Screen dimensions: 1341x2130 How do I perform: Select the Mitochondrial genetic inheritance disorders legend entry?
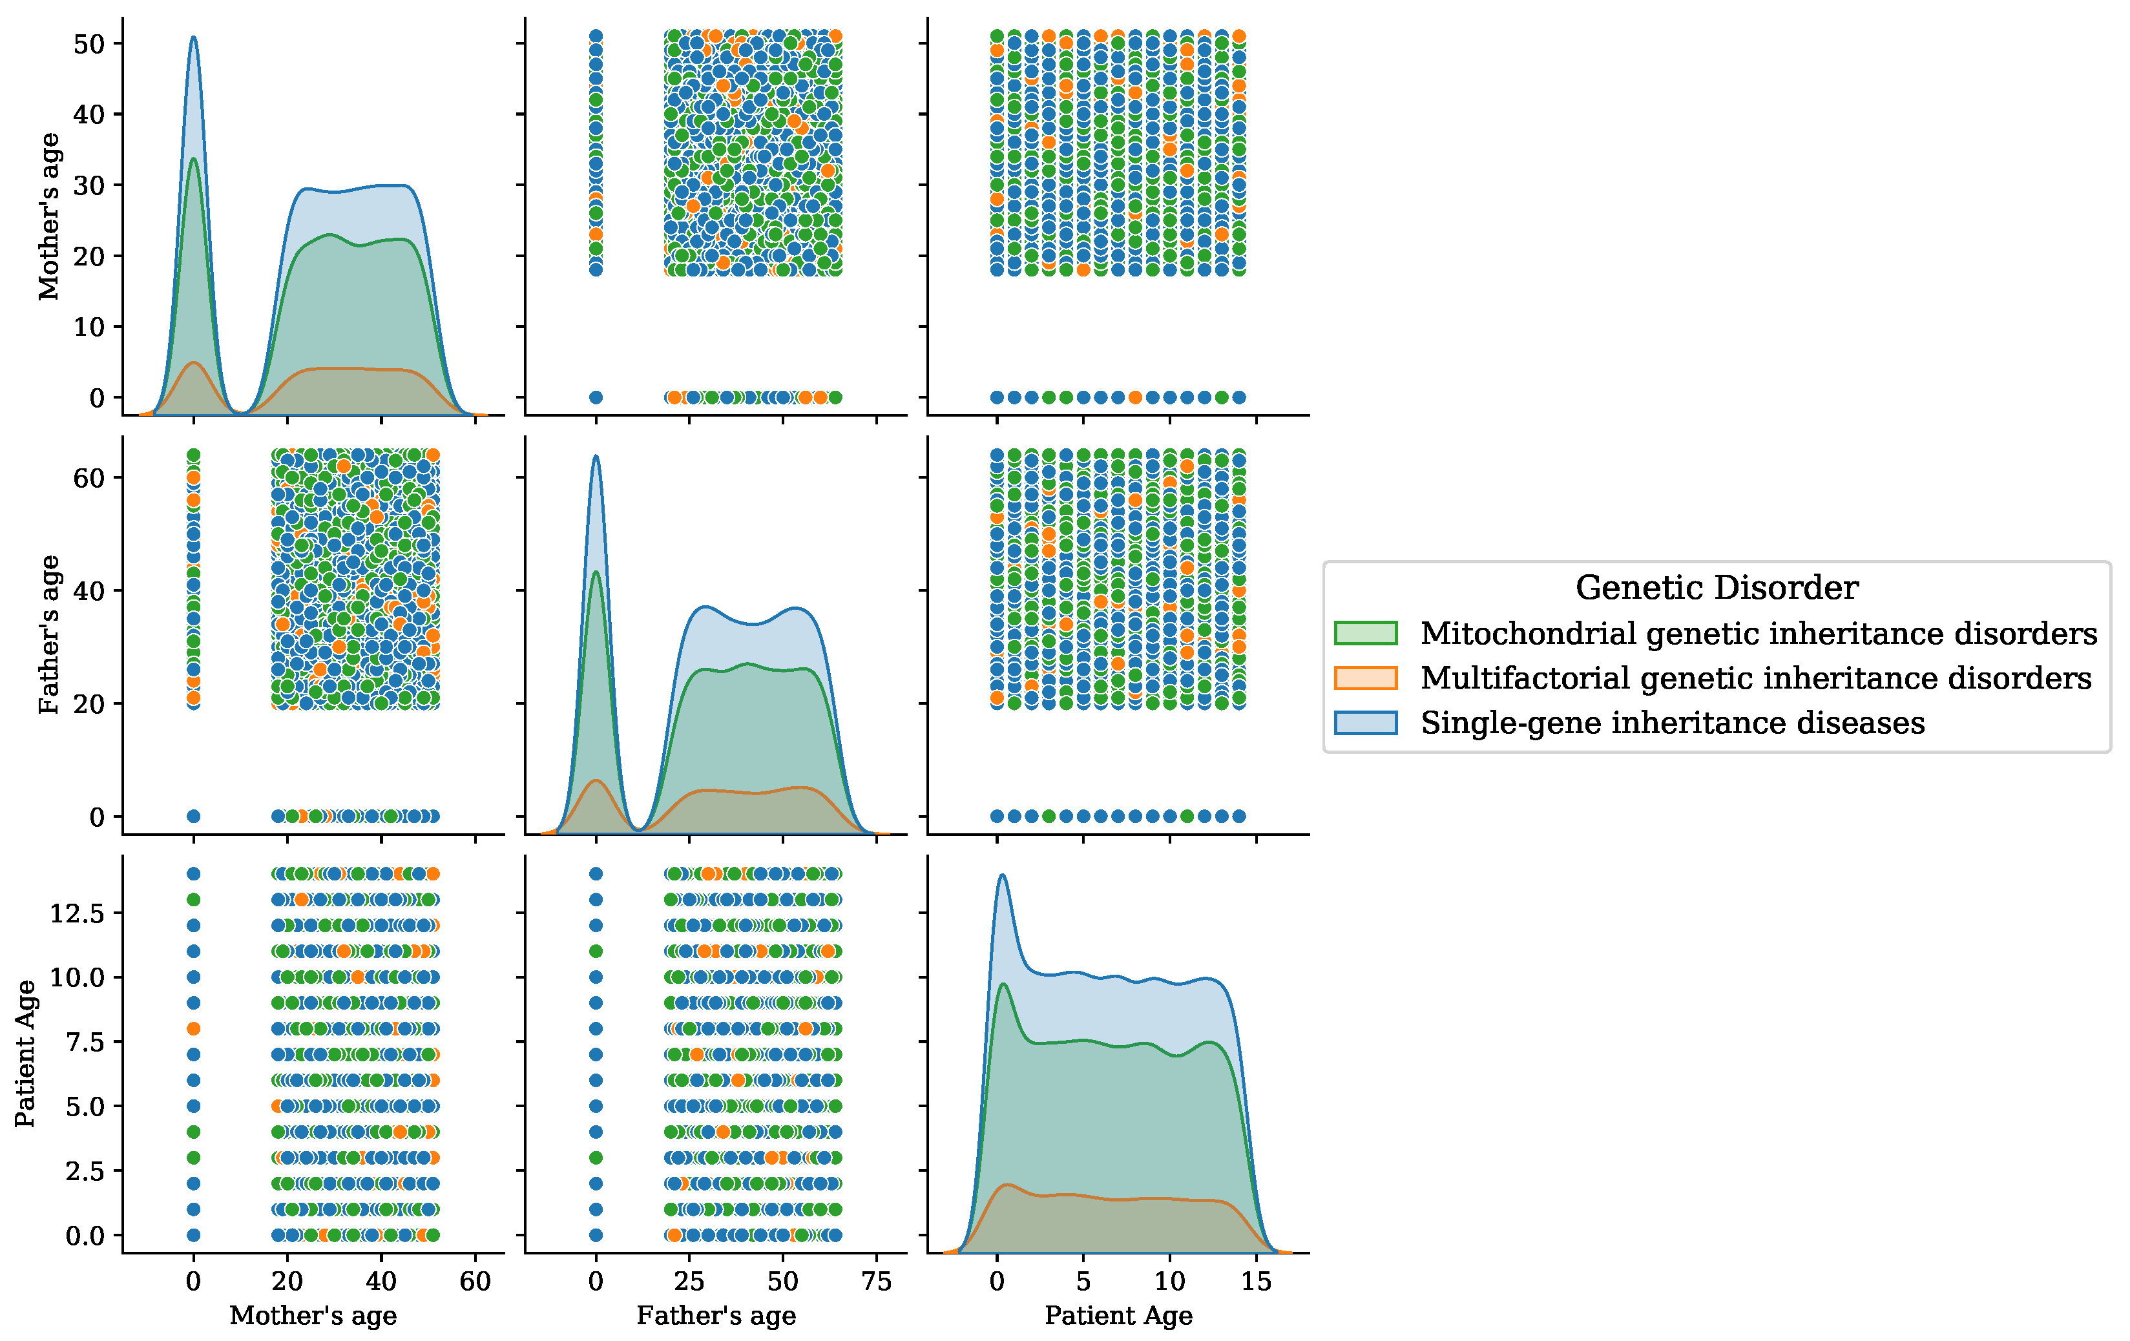[x=1759, y=633]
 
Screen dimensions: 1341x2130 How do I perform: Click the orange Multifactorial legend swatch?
[x=1365, y=678]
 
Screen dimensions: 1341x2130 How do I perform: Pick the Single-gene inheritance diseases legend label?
[x=1672, y=723]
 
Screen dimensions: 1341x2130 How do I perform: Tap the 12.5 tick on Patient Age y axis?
[x=76, y=913]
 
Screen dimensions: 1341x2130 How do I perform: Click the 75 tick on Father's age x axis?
[x=875, y=1281]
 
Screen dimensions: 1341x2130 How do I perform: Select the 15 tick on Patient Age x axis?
[x=1255, y=1281]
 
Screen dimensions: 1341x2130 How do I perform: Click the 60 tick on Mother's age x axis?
[x=475, y=1281]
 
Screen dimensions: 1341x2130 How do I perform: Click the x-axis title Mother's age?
[x=313, y=1315]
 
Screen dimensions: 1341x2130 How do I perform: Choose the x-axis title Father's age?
[x=716, y=1315]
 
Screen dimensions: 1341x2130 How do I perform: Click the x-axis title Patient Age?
[x=1118, y=1315]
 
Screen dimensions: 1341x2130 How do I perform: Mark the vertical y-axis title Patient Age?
[x=25, y=1053]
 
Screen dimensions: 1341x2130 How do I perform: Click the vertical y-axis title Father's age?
[x=48, y=634]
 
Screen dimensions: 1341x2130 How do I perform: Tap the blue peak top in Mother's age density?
[x=194, y=37]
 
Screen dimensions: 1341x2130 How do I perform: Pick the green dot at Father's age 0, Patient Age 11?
[x=595, y=951]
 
